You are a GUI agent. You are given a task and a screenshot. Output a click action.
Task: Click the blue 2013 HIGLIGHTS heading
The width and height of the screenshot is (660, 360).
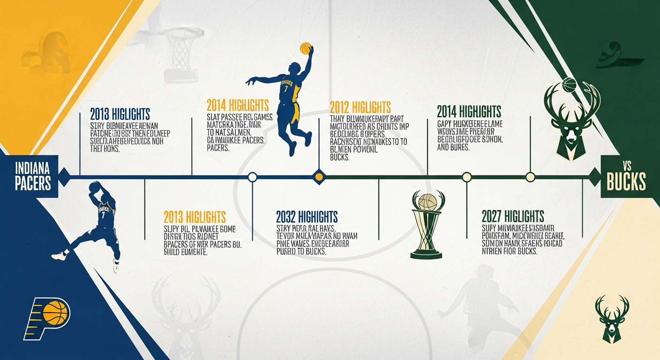120,114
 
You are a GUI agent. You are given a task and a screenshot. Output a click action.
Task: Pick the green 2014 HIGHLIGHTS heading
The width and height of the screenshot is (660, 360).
469,112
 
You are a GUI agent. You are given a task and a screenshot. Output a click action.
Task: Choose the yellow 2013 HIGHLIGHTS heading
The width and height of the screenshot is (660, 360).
195,217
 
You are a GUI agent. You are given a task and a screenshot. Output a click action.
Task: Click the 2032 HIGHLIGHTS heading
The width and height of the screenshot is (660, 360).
307,217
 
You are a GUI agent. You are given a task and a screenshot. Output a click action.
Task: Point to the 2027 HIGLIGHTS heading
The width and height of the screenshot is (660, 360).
513,216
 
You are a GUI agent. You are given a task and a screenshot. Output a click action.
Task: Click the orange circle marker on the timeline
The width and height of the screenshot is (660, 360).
319,177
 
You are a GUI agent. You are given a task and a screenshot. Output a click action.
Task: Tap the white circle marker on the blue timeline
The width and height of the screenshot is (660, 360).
252,177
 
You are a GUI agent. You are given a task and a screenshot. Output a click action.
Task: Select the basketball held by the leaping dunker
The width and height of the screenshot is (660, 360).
306,48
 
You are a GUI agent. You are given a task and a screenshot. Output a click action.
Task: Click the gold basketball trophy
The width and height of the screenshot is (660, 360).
426,225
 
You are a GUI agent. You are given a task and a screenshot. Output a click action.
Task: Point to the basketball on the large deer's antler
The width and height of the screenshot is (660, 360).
569,85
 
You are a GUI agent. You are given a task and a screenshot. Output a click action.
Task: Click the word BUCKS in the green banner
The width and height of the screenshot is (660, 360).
626,182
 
